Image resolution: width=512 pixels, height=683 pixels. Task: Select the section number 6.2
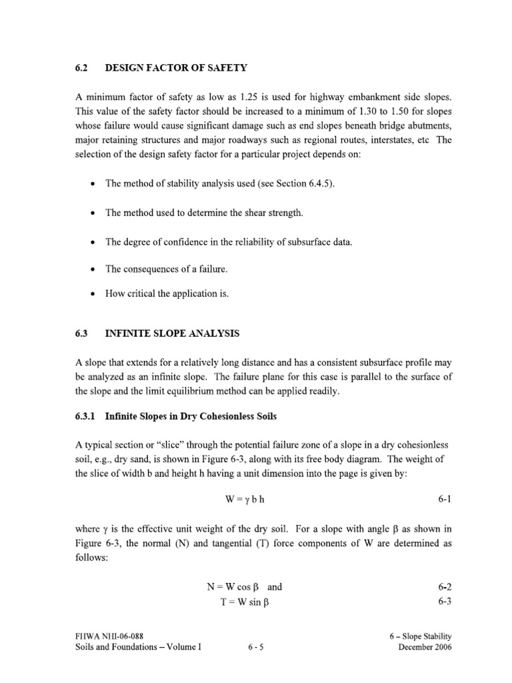pos(81,67)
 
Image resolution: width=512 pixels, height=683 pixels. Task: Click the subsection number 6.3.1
pos(85,416)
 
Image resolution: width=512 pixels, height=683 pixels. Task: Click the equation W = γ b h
pos(247,499)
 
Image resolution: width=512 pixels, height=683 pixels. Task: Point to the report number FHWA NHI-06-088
pos(109,636)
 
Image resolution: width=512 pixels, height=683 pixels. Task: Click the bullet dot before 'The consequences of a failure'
pos(91,269)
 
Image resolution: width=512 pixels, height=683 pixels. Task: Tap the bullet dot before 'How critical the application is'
pos(91,294)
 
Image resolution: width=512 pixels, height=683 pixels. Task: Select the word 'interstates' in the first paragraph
pos(369,141)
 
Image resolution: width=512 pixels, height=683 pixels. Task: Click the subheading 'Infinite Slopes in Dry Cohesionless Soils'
pos(191,416)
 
